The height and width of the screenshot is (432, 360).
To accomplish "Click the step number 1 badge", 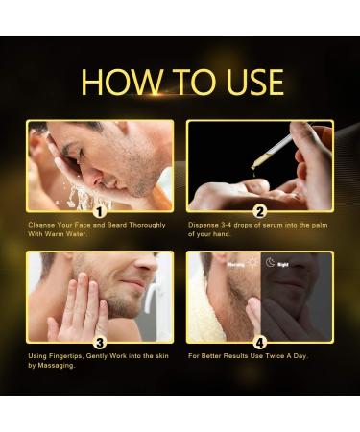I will coord(99,210).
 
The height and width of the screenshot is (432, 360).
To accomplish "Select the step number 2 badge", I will coord(259,210).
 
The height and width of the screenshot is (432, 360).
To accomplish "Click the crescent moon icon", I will coord(272,261).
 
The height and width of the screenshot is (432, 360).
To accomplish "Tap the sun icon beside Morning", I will coord(252,261).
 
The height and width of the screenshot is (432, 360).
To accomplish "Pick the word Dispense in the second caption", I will coord(204,225).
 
